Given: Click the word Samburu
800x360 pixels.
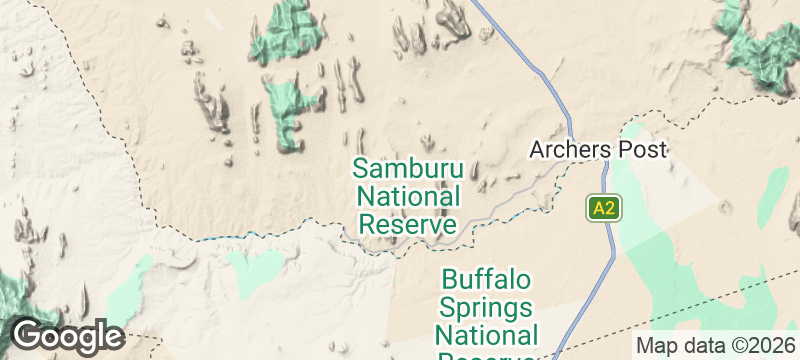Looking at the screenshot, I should [x=407, y=168].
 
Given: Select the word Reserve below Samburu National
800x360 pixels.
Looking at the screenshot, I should [x=407, y=224].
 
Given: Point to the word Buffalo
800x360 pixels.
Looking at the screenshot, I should [x=487, y=278].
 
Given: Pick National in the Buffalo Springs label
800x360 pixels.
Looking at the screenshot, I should [x=487, y=333].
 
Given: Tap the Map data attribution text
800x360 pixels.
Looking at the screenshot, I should [x=678, y=346].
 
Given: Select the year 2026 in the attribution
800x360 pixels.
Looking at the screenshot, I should [x=766, y=346].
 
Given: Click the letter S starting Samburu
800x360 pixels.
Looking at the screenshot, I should [x=360, y=168].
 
